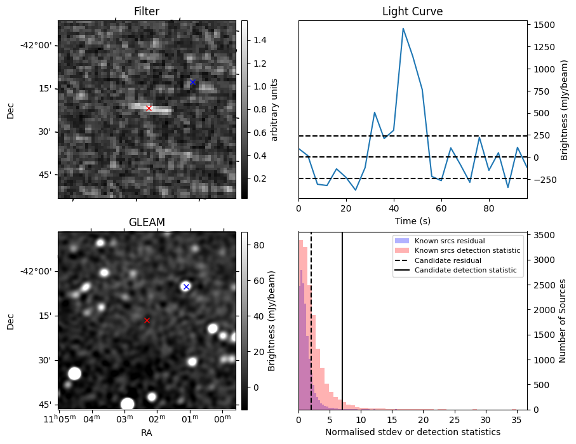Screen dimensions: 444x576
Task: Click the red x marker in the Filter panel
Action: [149, 109]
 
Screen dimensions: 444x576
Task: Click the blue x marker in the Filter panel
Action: [192, 83]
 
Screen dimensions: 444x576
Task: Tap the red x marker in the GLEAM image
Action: [147, 321]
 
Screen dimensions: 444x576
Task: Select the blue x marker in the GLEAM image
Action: [186, 287]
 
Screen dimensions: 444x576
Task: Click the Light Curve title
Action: [412, 11]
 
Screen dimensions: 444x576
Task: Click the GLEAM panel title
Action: [147, 222]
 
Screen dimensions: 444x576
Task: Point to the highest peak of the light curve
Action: [403, 28]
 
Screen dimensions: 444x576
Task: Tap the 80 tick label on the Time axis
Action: [488, 208]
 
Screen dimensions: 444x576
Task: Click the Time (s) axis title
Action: [412, 220]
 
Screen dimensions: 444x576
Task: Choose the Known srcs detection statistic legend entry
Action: [467, 250]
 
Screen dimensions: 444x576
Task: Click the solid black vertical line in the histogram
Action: [342, 318]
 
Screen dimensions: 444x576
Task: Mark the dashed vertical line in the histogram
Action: [311, 318]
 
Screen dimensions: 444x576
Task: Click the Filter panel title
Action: [147, 11]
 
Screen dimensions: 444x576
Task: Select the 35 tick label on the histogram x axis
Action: [516, 420]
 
